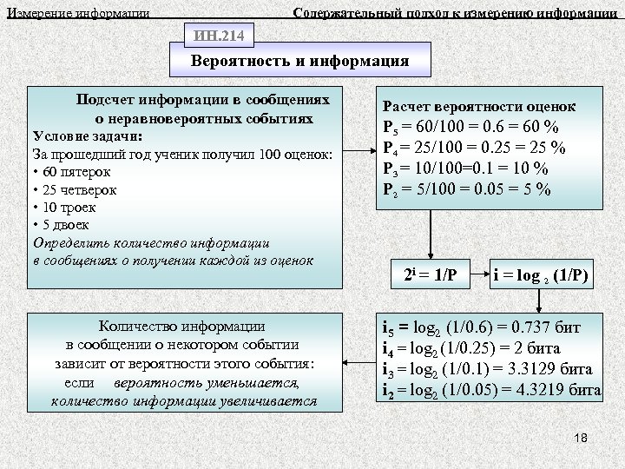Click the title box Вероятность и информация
point(299,63)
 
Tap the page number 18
point(581,438)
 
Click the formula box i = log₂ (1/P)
point(541,275)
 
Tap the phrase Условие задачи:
point(87,136)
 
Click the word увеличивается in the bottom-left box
point(265,401)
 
